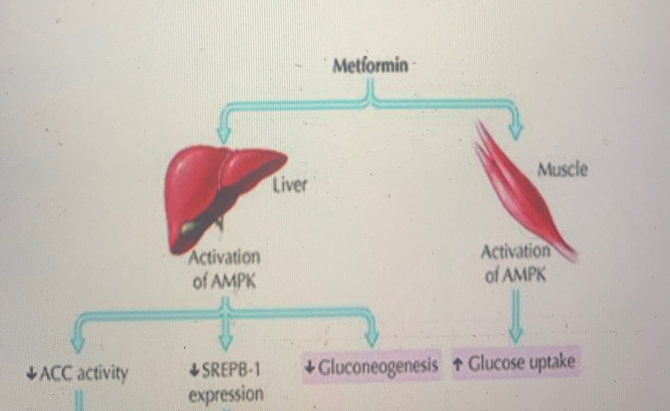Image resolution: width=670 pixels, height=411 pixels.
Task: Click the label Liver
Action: coord(289,186)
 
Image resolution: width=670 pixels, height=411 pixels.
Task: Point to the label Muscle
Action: coord(562,170)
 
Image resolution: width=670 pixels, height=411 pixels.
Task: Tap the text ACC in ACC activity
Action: coord(52,373)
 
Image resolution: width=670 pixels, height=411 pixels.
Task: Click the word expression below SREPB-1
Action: coord(226,394)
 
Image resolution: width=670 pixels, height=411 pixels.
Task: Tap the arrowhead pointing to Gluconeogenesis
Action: coord(371,339)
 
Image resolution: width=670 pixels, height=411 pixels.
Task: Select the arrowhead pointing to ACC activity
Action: coord(77,344)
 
